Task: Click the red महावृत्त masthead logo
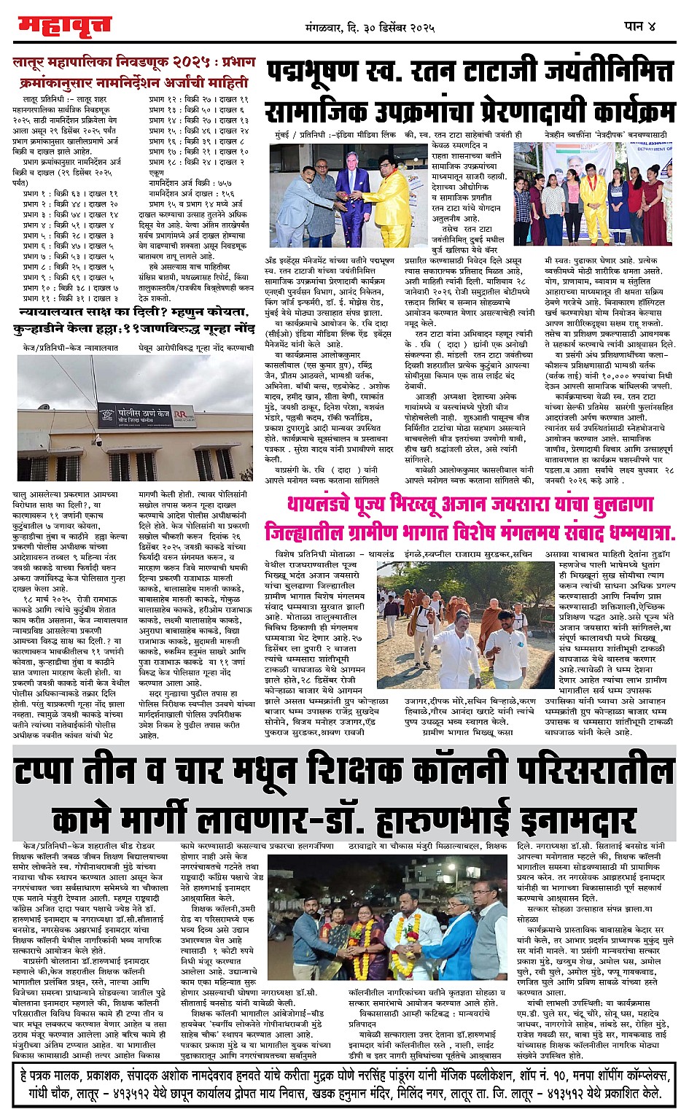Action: click(x=64, y=26)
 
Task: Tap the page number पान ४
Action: click(x=640, y=26)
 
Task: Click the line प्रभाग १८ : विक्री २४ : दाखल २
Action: click(x=197, y=161)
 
